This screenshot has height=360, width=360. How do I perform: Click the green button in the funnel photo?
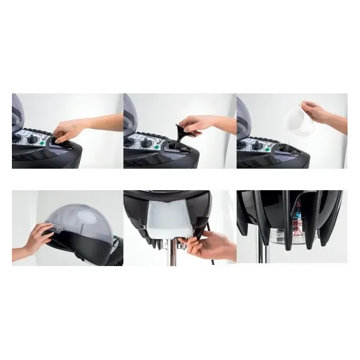coord(156,147)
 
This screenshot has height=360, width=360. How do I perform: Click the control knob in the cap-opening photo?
coord(33,139)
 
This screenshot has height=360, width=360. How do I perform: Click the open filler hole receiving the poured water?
coord(286,151)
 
